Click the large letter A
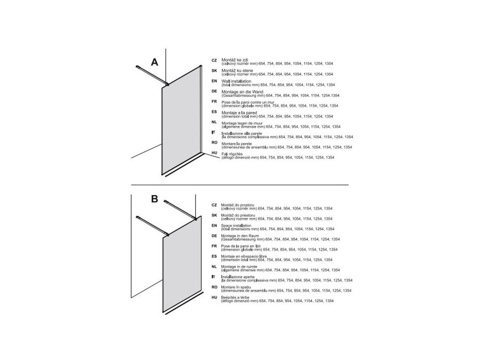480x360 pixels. (155, 62)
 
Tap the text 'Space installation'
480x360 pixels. (236, 225)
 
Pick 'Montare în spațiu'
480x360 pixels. (236, 287)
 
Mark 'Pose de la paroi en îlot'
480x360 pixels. (241, 246)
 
